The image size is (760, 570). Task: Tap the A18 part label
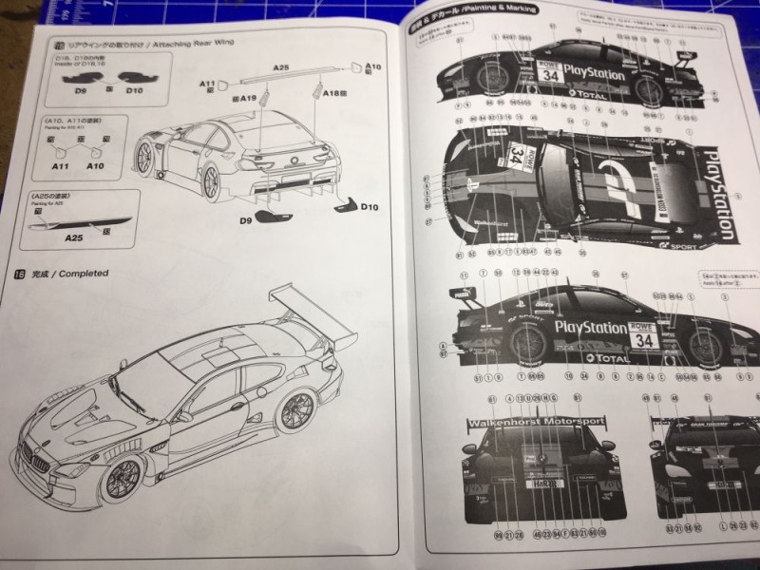(x=332, y=95)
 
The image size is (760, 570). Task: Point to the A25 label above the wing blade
(x=280, y=68)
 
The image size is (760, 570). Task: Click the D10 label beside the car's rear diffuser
(x=370, y=206)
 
